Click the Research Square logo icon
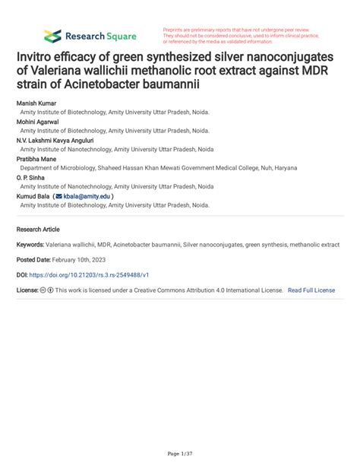click(52, 36)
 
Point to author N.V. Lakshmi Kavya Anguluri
click(62, 139)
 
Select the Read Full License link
click(311, 290)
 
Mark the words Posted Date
click(35, 263)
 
